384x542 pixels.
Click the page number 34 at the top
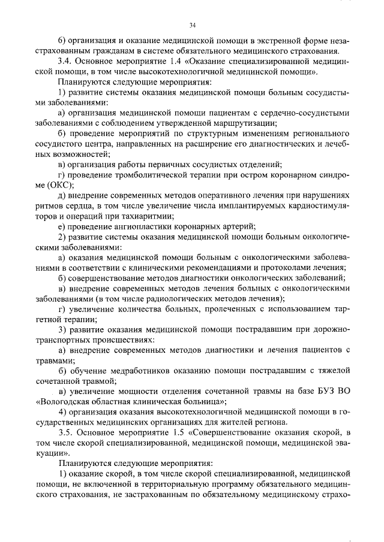[192, 25]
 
